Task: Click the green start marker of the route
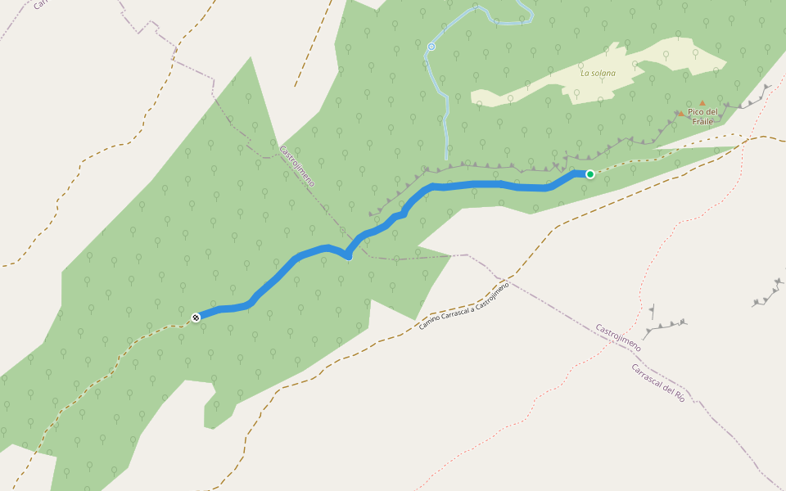[x=589, y=173]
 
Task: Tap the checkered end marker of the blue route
[x=196, y=317]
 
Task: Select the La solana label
[x=598, y=73]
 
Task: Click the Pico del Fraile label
[x=702, y=116]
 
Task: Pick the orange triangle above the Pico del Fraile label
[x=702, y=103]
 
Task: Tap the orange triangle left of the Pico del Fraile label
[x=680, y=113]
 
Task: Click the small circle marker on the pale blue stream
[x=431, y=47]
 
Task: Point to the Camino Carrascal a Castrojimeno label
[x=463, y=305]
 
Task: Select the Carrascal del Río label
[x=657, y=381]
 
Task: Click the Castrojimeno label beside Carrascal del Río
[x=618, y=337]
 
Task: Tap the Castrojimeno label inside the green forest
[x=296, y=166]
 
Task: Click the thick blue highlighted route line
[x=475, y=185]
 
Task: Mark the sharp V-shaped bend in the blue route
[x=348, y=256]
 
